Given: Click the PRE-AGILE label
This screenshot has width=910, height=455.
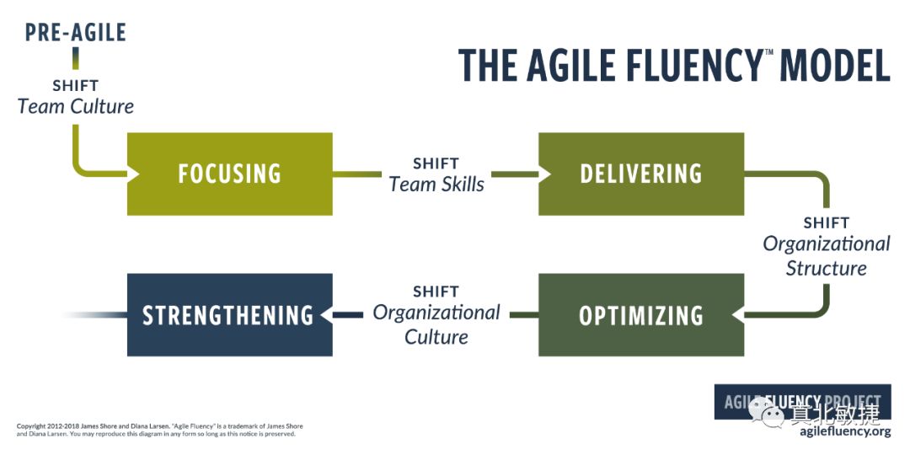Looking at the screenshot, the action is [x=75, y=33].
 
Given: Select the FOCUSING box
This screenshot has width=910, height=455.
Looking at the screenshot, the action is [x=229, y=174].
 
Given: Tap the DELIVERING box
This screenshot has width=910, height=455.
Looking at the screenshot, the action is [x=640, y=174].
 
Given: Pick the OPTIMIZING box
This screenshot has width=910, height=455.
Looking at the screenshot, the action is [x=640, y=315].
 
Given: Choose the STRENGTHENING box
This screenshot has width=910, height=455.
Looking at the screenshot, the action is [x=228, y=315].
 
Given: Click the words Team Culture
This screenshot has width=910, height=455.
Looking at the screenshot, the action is [x=75, y=107].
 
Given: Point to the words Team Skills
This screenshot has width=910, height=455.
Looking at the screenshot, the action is [x=436, y=185].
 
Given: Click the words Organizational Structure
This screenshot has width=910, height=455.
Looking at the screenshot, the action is [x=826, y=256].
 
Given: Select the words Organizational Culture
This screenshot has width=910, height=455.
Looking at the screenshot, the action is [x=436, y=324].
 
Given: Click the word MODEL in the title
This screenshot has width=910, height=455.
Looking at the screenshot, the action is [x=834, y=66].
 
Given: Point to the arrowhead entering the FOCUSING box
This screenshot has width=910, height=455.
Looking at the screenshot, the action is [x=132, y=174].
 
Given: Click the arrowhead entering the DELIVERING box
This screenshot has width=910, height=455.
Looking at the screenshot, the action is [x=544, y=174].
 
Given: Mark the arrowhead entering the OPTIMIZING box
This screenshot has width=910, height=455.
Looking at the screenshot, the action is [x=738, y=315].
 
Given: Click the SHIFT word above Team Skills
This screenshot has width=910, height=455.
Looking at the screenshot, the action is [x=436, y=163].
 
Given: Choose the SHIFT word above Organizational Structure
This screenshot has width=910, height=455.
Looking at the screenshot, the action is [x=826, y=223].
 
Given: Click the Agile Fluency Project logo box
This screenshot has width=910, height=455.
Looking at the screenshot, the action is [x=802, y=402].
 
